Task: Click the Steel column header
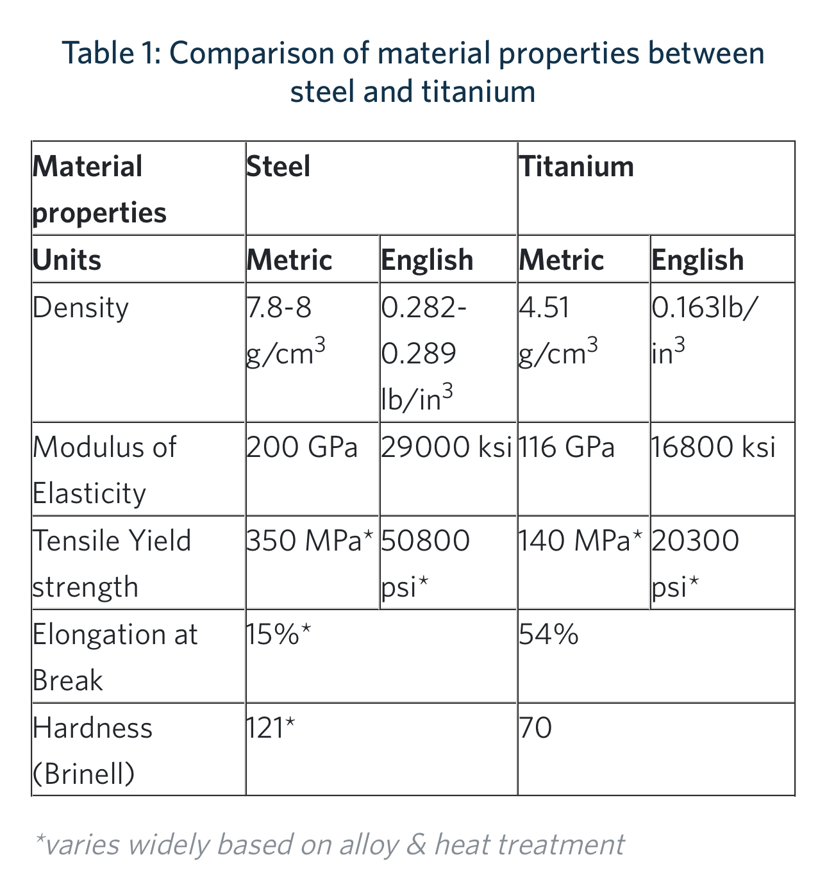click(278, 167)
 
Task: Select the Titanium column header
click(576, 167)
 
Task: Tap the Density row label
click(80, 308)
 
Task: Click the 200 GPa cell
click(301, 447)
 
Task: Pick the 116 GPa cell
click(566, 447)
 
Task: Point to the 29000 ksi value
click(446, 447)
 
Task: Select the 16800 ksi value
click(713, 447)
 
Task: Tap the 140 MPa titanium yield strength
click(580, 541)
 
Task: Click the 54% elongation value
click(548, 635)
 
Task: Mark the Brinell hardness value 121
click(270, 728)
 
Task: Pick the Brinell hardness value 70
click(535, 728)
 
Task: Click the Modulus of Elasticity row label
click(104, 470)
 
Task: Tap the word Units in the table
click(67, 260)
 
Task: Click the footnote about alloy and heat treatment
click(329, 845)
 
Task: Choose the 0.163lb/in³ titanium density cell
click(703, 331)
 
